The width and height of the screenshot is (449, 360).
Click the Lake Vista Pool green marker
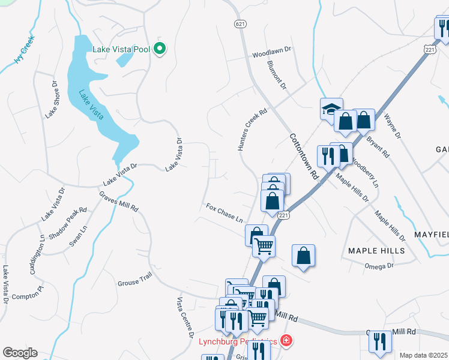(x=160, y=49)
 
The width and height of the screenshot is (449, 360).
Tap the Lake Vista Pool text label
(x=122, y=49)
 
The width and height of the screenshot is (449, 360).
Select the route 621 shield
(x=239, y=23)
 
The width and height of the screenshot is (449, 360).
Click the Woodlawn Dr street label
(x=271, y=53)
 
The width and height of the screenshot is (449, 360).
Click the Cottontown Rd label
(x=303, y=157)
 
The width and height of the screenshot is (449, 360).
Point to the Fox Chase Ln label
(x=224, y=212)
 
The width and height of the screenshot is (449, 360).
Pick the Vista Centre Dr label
(x=185, y=316)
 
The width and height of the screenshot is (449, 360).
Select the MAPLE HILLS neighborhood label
(x=376, y=250)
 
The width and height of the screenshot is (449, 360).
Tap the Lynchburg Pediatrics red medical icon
(x=286, y=341)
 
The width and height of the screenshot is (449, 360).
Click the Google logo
(x=20, y=353)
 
